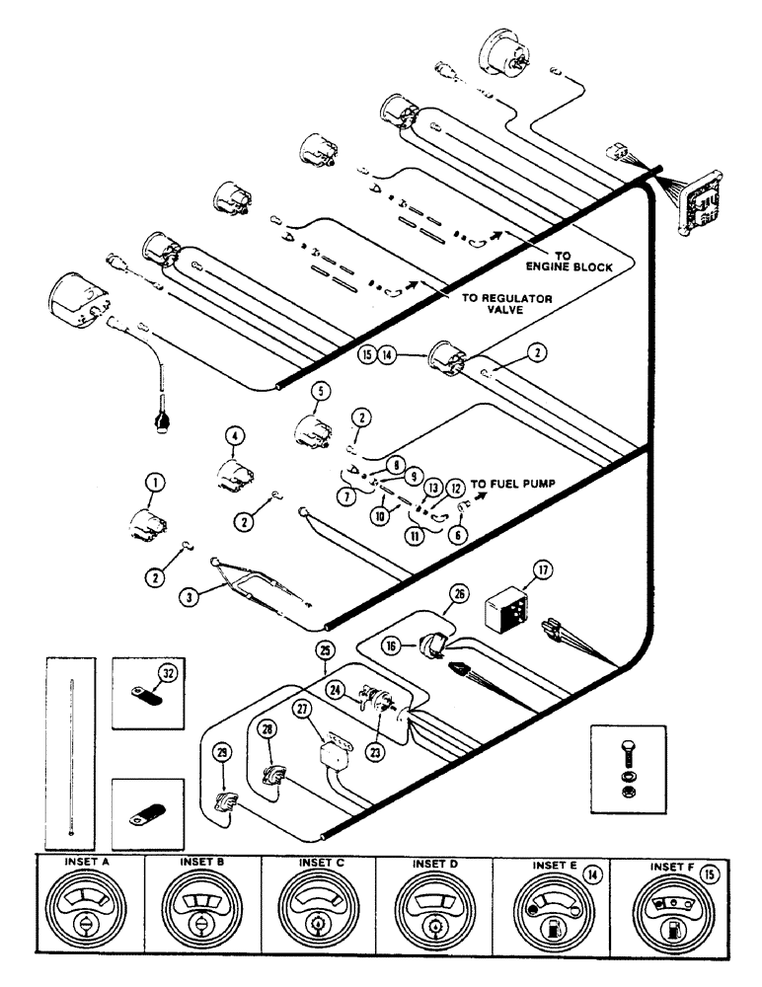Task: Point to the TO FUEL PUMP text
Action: tap(512, 485)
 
